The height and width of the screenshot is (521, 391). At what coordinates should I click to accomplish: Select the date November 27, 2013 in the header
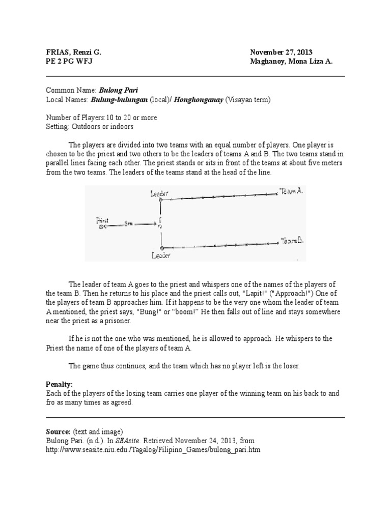coord(281,52)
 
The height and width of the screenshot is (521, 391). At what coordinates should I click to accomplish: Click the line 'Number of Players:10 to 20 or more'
coord(101,118)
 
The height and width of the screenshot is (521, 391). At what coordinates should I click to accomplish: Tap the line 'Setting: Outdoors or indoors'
coord(90,127)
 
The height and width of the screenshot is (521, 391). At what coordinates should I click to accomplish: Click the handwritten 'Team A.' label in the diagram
coord(291,191)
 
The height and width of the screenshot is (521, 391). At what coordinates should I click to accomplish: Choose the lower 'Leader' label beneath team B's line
coord(161,255)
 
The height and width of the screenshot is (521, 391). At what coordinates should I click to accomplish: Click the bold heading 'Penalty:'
coord(60,384)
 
